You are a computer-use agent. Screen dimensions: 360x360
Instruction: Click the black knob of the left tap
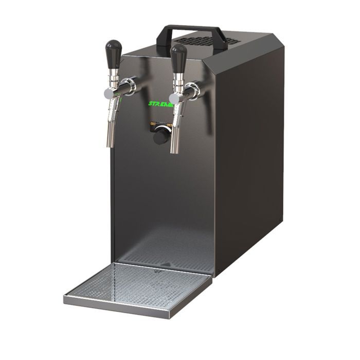114,53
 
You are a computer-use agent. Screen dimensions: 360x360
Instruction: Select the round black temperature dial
160,135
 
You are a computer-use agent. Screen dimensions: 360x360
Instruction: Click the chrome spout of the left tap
112,123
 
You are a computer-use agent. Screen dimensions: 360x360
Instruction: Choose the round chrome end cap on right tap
173,98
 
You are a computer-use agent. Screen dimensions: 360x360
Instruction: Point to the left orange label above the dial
153,123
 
